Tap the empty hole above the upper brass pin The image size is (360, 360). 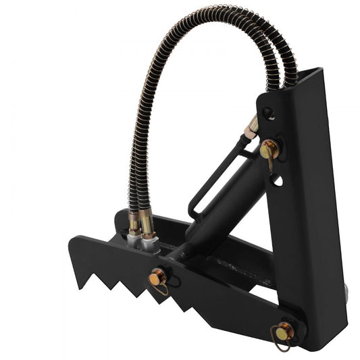click(269, 113)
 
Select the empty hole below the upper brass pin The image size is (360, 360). click(277, 180)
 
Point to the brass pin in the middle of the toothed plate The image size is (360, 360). click(157, 276)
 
